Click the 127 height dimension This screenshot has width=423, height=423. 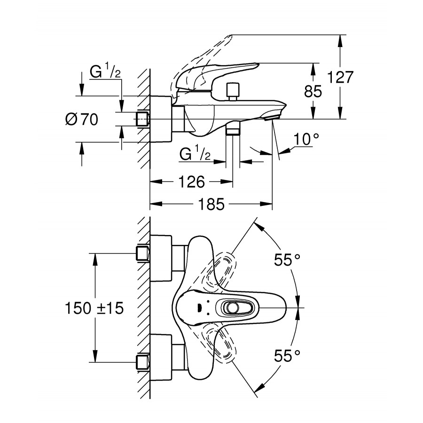353,77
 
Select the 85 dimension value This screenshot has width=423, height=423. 313,92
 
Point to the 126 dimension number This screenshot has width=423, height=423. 191,181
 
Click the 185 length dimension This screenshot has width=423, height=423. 211,204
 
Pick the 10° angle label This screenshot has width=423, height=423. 306,139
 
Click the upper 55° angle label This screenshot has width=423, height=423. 287,260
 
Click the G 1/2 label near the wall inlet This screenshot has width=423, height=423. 105,72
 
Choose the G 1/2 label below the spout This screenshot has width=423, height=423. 195,154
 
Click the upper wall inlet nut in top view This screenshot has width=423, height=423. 142,253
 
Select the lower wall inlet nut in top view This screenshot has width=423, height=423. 142,362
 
